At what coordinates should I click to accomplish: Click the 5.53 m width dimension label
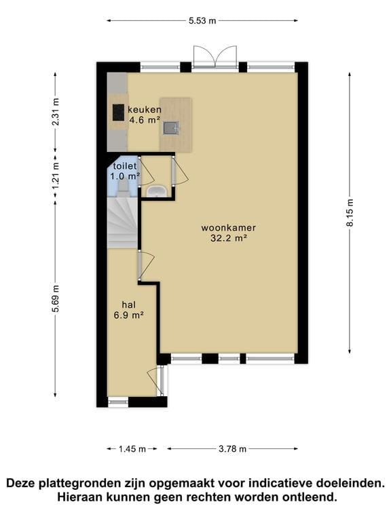[202, 21]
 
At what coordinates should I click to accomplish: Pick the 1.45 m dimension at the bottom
[132, 448]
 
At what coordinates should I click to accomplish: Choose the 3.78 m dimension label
[232, 448]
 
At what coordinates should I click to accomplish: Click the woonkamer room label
[223, 227]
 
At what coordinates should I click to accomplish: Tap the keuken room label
[145, 110]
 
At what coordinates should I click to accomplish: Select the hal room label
[128, 305]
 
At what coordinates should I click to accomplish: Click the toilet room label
[125, 166]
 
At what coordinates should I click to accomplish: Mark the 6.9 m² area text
[128, 315]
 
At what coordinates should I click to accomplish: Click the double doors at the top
[214, 58]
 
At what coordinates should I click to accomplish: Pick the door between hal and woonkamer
[145, 265]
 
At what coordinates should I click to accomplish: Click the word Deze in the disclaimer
[22, 483]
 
